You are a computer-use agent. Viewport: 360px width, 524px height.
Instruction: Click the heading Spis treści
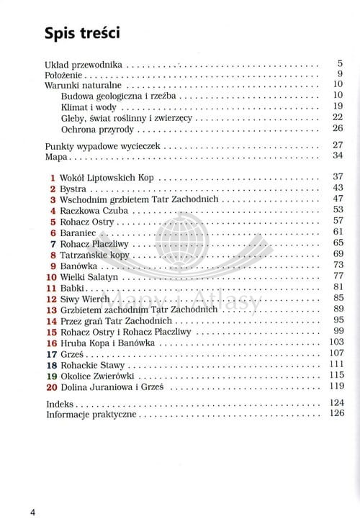[x=81, y=33]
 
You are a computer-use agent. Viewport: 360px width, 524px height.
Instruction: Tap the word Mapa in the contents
[x=56, y=155]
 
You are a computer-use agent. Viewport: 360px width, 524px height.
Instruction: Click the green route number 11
[x=50, y=288]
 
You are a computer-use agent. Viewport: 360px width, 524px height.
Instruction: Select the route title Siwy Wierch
[x=85, y=299]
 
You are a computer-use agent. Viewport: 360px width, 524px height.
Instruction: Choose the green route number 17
[x=50, y=354]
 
